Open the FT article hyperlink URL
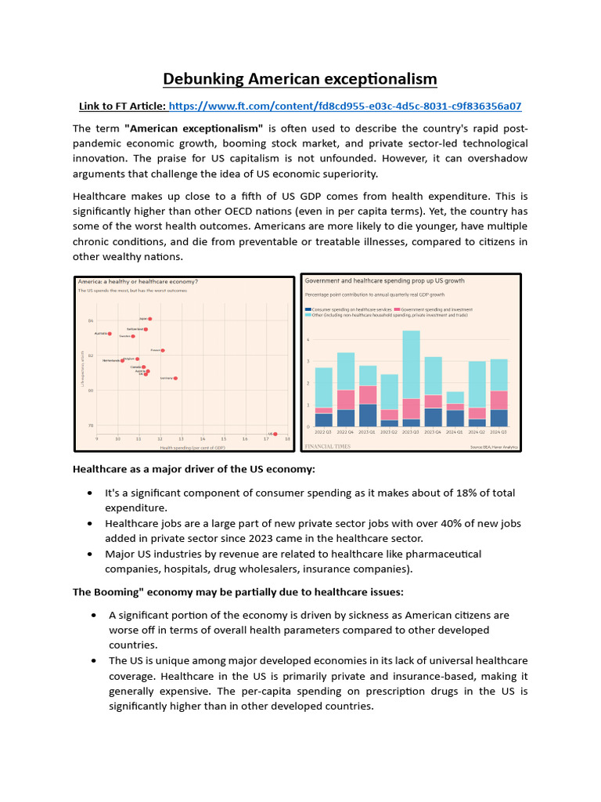(x=344, y=106)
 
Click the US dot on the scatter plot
(x=275, y=434)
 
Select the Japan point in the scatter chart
(x=149, y=319)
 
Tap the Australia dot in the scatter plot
(x=110, y=334)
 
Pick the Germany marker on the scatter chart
(x=175, y=378)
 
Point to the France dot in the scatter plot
(x=163, y=351)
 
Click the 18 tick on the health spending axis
(x=287, y=439)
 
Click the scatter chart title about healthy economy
(x=138, y=281)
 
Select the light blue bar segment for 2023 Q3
(x=411, y=364)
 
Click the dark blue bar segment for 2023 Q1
(x=368, y=415)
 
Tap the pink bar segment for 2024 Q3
(x=498, y=400)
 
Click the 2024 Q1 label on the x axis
(x=455, y=432)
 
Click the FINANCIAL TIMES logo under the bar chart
(x=327, y=446)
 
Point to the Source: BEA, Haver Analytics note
(x=494, y=447)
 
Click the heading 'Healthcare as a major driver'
(x=194, y=469)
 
